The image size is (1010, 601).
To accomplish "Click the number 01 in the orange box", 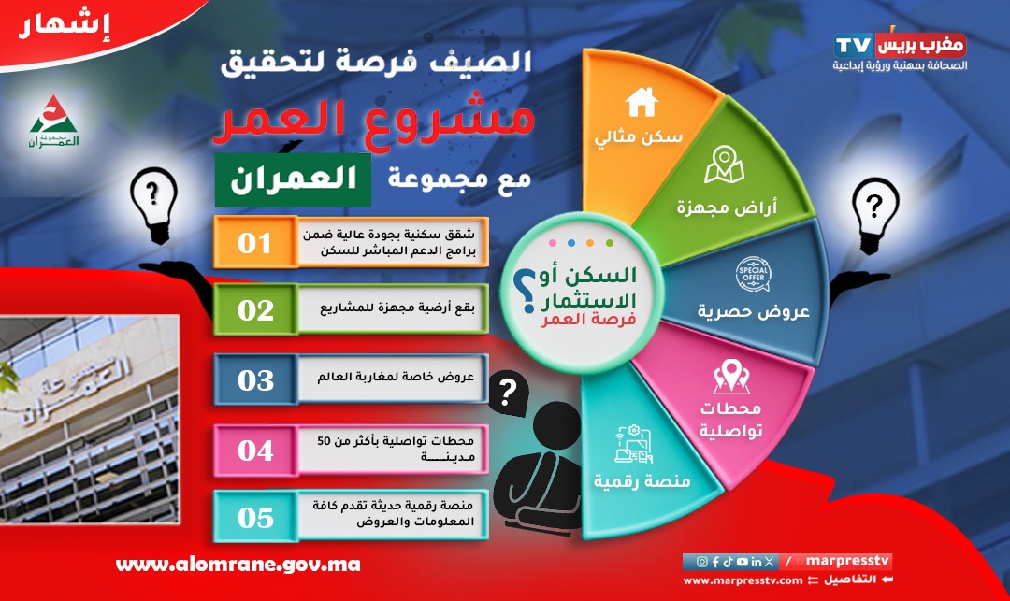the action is click(254, 243).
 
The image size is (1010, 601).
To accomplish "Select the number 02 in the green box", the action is click(255, 311).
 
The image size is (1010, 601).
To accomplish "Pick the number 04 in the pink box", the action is click(255, 451).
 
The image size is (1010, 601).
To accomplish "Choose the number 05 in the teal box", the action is click(255, 518).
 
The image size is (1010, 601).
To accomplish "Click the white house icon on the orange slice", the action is click(641, 102).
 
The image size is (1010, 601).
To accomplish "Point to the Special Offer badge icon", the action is click(753, 274).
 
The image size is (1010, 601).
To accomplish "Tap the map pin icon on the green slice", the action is click(724, 165).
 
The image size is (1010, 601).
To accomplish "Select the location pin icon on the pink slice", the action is click(731, 376).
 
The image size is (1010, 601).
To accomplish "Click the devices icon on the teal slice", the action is click(634, 444).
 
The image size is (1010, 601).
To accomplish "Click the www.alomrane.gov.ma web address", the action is click(238, 565).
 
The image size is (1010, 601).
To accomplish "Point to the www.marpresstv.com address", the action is click(742, 580).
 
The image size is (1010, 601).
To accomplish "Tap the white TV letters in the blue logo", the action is click(854, 46).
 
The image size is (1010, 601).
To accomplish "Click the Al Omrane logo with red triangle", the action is click(54, 122).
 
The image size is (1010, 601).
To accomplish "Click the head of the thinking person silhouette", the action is click(555, 425).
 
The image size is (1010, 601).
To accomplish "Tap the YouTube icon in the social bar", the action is click(742, 562).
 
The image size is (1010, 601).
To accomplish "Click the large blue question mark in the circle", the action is click(526, 290).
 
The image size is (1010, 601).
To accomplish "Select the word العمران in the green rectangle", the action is click(293, 179).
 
